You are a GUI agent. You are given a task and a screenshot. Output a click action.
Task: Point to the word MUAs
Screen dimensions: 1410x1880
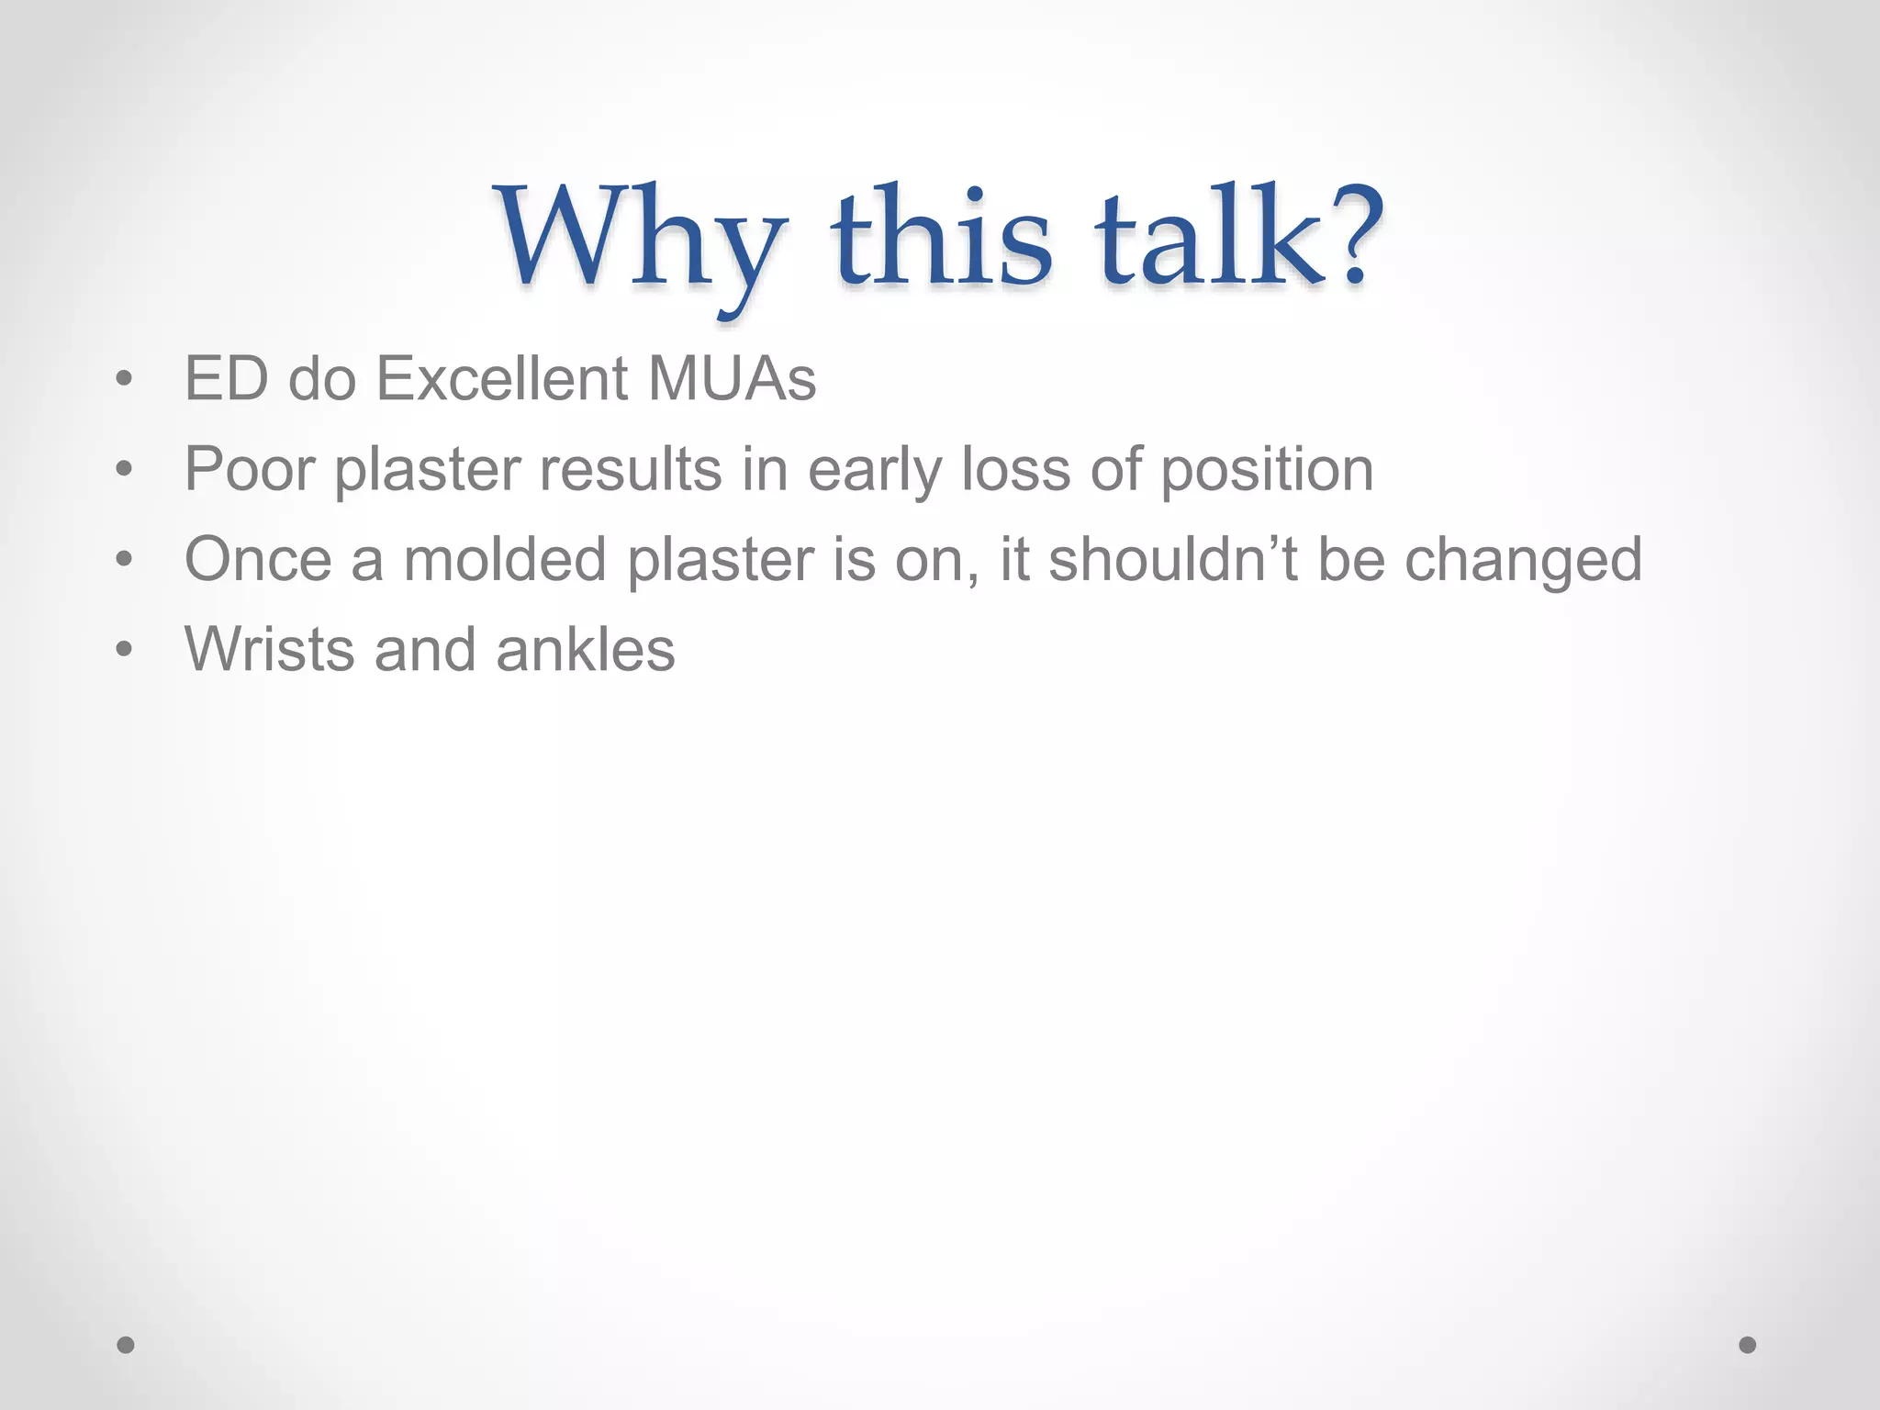pos(732,378)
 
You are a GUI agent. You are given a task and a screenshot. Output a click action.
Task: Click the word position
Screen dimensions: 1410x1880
pos(1267,469)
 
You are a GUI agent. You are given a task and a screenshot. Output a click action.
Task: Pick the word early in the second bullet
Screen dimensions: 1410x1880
pos(874,469)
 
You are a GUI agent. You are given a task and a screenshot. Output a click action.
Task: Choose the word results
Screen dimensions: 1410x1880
pos(630,469)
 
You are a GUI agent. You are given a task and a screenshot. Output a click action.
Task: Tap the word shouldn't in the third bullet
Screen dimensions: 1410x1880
pos(1172,559)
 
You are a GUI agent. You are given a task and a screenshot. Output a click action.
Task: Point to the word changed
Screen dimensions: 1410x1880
pos(1523,559)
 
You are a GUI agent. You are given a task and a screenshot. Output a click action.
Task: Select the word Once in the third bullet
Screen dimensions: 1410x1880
pos(258,559)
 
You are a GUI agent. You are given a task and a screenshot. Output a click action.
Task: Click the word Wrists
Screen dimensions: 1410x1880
pos(269,649)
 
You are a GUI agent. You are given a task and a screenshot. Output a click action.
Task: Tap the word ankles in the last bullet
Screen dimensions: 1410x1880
pos(585,649)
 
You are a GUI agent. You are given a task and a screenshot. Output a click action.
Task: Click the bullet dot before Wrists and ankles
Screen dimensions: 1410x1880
pos(125,650)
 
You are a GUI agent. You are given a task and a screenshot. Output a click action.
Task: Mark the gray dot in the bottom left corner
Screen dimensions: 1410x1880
pos(126,1345)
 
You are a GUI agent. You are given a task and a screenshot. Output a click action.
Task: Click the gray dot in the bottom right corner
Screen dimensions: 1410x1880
pos(1748,1345)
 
